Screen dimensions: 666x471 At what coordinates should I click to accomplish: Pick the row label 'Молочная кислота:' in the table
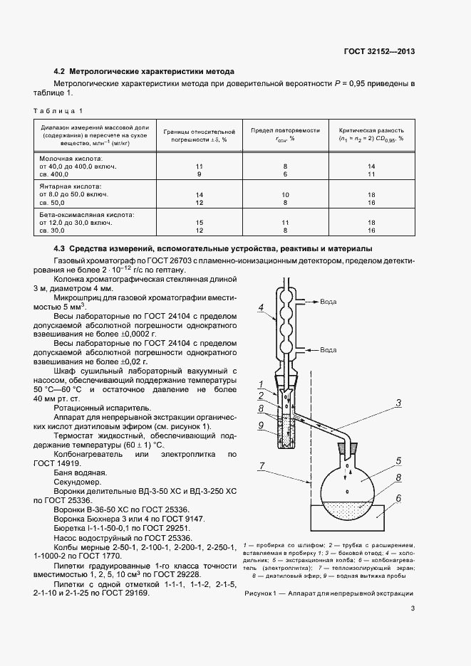coord(71,158)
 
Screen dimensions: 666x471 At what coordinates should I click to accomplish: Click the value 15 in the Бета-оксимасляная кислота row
coord(200,222)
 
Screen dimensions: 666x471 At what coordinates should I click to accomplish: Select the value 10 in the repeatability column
coord(285,194)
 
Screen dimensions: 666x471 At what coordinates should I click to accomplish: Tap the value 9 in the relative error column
coord(200,174)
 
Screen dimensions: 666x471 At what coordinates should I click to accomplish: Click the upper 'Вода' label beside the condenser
coord(329,302)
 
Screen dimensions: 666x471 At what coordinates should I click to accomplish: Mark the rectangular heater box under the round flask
coord(349,517)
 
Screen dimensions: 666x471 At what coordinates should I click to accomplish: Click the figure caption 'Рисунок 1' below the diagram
coord(328,593)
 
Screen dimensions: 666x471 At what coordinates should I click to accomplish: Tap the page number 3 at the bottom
coord(413,627)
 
